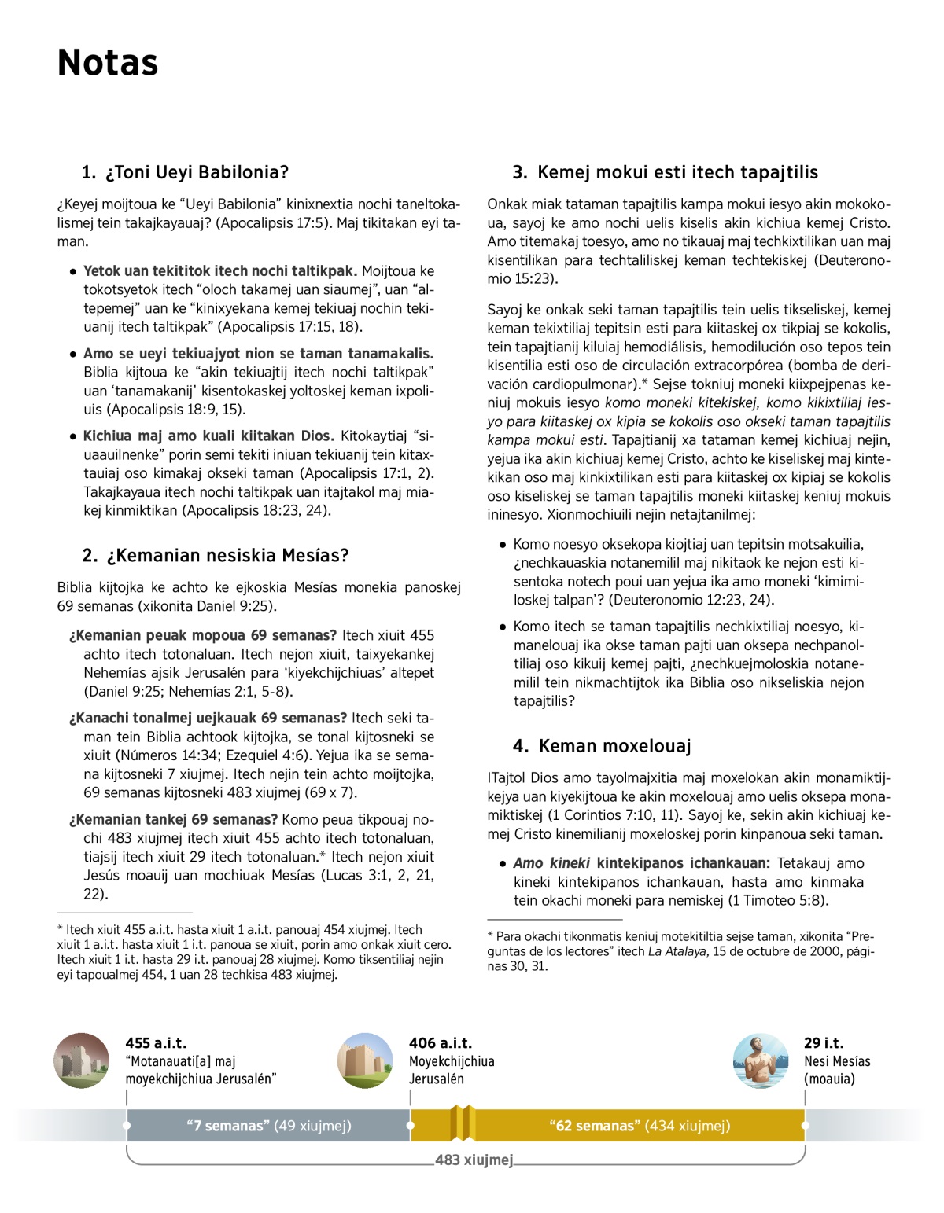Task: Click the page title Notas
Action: pos(108,63)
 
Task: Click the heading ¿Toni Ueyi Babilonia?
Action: pos(185,172)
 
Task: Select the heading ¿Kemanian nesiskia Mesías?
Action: pos(215,556)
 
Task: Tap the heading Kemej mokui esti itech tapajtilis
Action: pos(665,172)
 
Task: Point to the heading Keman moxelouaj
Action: pos(602,746)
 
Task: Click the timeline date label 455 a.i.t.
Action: pos(156,1043)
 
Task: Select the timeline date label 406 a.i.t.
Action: pos(441,1043)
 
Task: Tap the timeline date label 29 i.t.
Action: pos(824,1043)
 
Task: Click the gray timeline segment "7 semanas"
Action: pos(268,1126)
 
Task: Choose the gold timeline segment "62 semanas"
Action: pos(639,1126)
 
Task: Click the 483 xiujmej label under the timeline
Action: pos(474,1160)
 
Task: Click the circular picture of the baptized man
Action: pos(760,1060)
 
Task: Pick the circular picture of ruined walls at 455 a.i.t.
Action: pos(82,1060)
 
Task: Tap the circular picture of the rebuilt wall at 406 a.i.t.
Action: pos(365,1060)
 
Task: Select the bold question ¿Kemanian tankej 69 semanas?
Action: pos(173,819)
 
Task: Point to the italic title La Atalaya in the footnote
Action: pos(678,951)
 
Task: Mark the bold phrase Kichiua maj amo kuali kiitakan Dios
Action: pos(208,436)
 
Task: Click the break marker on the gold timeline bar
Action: pos(462,1123)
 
